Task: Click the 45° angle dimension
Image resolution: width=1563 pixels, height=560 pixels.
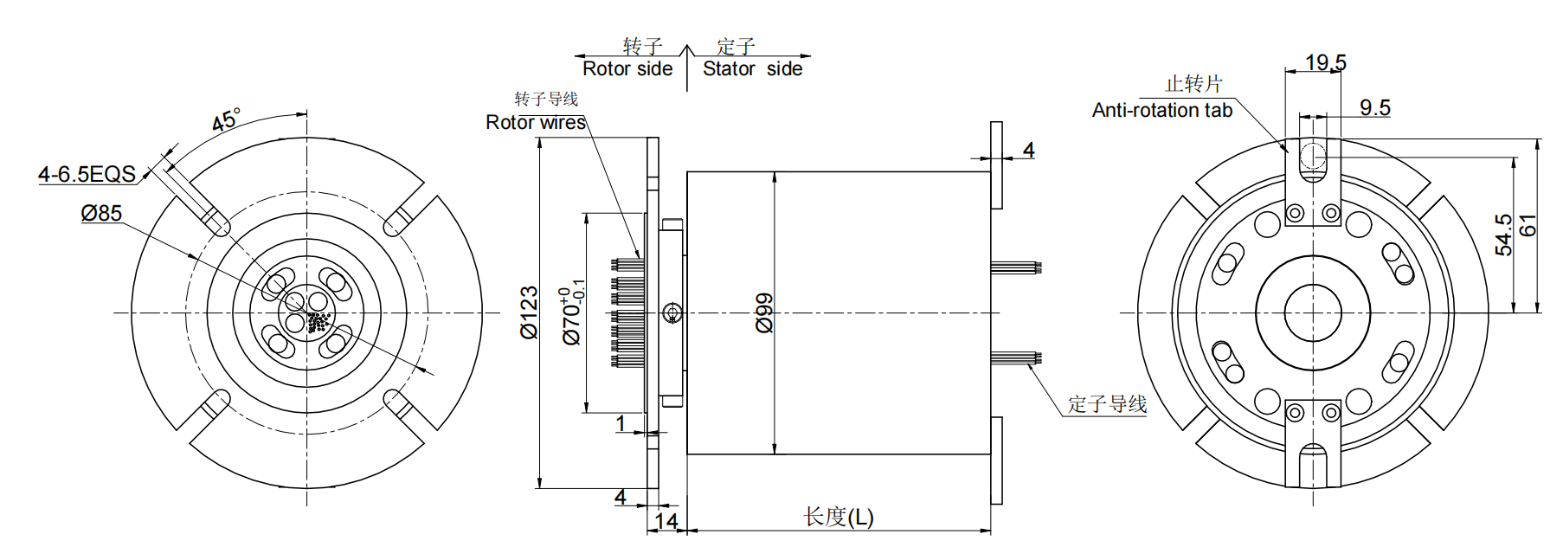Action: point(226,120)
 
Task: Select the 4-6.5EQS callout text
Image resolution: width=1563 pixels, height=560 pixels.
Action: point(87,174)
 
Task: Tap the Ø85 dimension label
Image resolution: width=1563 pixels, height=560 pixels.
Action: point(101,213)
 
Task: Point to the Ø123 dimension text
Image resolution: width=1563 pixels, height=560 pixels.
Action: point(529,312)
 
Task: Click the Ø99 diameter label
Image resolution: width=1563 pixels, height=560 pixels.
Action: point(763,312)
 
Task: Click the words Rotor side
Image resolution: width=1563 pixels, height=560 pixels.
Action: point(627,69)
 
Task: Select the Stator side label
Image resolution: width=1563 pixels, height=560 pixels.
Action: point(752,69)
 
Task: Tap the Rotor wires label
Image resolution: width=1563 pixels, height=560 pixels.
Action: point(536,123)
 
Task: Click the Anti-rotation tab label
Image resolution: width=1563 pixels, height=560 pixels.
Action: point(1161,111)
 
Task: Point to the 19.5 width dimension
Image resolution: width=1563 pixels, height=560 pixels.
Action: point(1326,62)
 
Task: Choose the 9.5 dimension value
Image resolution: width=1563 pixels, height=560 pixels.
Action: point(1374,108)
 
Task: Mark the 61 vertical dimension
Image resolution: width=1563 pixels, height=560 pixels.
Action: point(1528,225)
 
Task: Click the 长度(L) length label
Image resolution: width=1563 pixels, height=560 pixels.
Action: point(838,517)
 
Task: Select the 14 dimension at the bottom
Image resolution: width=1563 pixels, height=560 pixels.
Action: point(666,521)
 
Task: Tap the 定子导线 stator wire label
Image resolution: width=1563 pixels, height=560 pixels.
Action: point(1107,404)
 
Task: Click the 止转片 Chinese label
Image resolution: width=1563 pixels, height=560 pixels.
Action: point(1193,84)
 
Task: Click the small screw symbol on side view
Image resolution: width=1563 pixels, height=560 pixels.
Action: point(672,313)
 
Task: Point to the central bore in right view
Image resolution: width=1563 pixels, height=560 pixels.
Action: point(1313,313)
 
